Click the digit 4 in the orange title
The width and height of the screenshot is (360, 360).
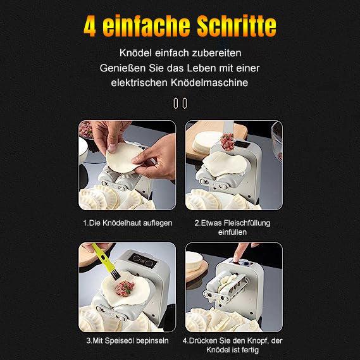point(90,26)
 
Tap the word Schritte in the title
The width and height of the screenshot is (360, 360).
point(237,25)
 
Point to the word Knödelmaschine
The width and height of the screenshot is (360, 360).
point(209,82)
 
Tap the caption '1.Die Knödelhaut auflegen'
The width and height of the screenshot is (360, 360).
point(128,223)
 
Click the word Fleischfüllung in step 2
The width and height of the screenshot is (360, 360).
point(247,223)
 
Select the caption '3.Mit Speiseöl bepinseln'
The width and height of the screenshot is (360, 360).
point(127,341)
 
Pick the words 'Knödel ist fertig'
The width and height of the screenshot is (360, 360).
point(232,350)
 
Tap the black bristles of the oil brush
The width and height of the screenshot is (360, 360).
point(116,275)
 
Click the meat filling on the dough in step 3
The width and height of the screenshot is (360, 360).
point(124,288)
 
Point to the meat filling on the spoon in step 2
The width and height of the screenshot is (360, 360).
point(228,142)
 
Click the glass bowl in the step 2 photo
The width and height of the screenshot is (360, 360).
point(276,140)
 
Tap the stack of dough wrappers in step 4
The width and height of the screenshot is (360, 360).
point(194,262)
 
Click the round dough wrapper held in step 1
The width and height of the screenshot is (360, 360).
point(123,158)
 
